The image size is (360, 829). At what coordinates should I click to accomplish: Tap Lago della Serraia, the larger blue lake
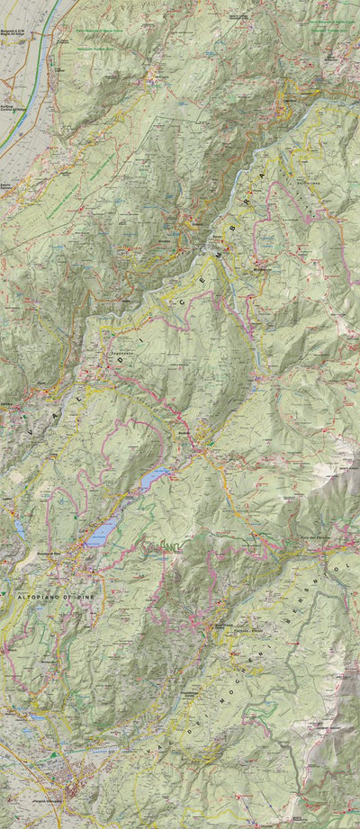(x=102, y=534)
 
